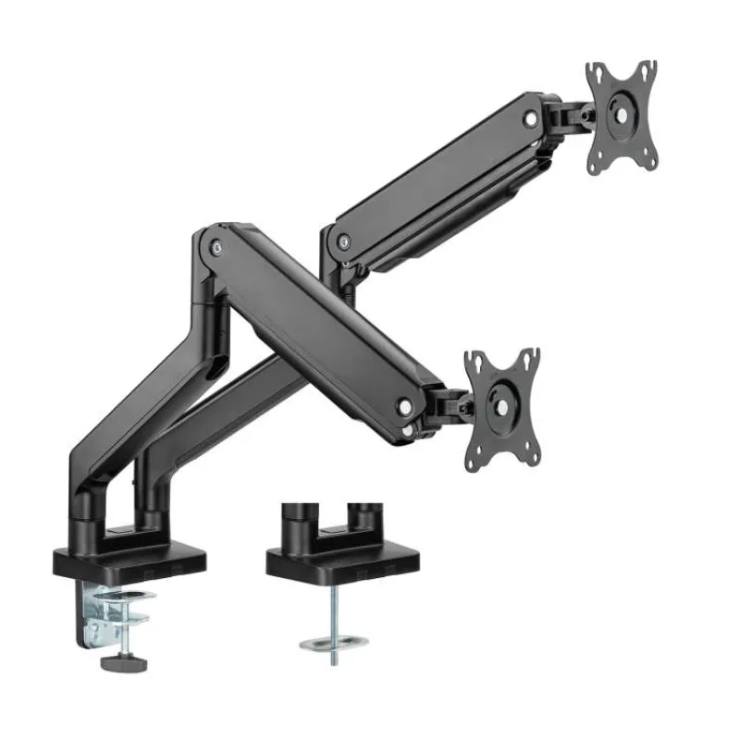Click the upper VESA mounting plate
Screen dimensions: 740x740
622,117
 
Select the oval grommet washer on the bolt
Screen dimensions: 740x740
334,640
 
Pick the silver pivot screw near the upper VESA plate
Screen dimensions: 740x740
531,119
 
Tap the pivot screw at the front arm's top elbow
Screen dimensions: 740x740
216,247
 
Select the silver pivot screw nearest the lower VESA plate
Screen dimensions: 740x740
404,405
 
